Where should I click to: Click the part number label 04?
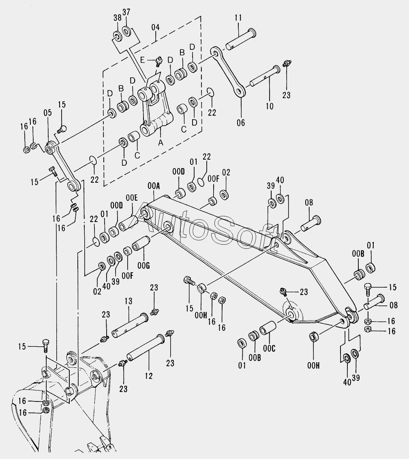pyautogui.click(x=156, y=28)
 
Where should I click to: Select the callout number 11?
pyautogui.click(x=238, y=18)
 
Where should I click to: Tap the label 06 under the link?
pyautogui.click(x=241, y=123)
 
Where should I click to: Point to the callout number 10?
pyautogui.click(x=270, y=106)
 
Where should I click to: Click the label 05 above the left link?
pyautogui.click(x=48, y=113)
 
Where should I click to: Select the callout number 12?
pyautogui.click(x=148, y=376)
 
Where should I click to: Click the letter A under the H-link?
pyautogui.click(x=161, y=142)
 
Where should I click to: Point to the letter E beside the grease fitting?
pyautogui.click(x=142, y=60)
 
